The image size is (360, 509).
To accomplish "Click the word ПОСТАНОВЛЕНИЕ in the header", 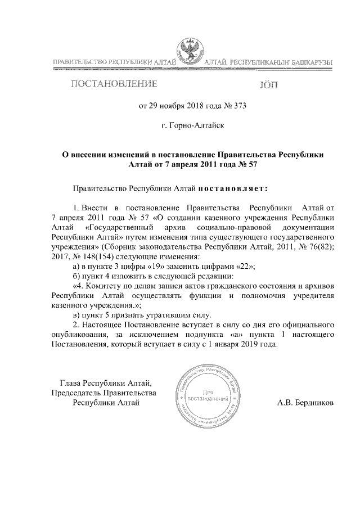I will point(112,85).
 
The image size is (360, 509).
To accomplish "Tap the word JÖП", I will point(267,86).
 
